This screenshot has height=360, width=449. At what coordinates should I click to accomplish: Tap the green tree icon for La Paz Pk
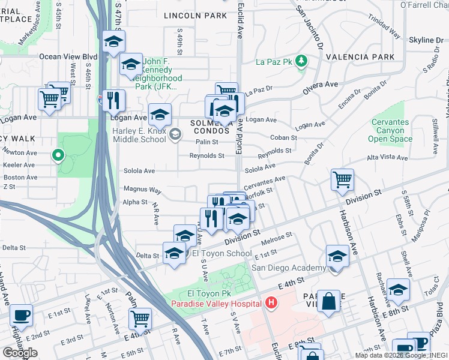click(302, 61)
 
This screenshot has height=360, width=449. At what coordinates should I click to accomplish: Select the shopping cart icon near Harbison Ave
click(342, 179)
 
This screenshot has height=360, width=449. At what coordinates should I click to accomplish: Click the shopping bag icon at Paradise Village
click(330, 302)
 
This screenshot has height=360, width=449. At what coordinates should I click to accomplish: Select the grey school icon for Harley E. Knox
click(175, 134)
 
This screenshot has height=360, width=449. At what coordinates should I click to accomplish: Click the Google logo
click(20, 353)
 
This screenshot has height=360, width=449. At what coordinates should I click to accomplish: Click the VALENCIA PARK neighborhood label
click(360, 57)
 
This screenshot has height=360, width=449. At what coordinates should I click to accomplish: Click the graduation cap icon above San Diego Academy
click(337, 256)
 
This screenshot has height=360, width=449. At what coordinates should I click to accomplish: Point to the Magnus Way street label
click(142, 190)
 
